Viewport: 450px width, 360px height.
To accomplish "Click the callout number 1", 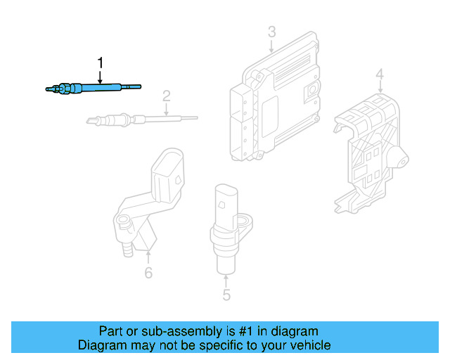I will [x=100, y=63].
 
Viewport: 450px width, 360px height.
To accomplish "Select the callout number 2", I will [x=167, y=96].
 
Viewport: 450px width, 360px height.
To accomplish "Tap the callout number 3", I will [x=271, y=32].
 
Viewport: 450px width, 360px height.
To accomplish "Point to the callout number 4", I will [x=380, y=74].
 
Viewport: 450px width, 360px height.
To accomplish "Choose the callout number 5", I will [x=226, y=295].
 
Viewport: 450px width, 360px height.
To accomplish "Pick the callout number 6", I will [x=148, y=273].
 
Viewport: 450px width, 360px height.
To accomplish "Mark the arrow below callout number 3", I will [x=271, y=46].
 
